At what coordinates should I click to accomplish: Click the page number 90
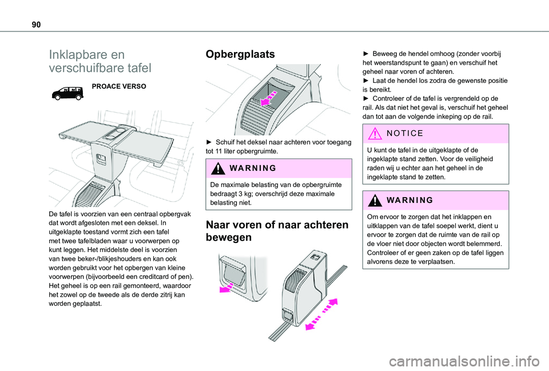pyautogui.click(x=36, y=25)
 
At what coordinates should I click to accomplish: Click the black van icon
pyautogui.click(x=67, y=93)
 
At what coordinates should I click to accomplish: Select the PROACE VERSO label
pyautogui.click(x=119, y=86)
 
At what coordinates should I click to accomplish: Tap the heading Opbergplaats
pyautogui.click(x=240, y=54)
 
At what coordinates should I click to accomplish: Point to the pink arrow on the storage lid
pyautogui.click(x=269, y=98)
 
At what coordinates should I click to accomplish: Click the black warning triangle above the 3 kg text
pyautogui.click(x=218, y=168)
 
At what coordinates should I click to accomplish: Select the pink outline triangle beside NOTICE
pyautogui.click(x=375, y=134)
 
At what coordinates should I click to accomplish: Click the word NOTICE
pyautogui.click(x=405, y=133)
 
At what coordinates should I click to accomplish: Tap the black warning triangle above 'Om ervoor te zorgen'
pyautogui.click(x=375, y=200)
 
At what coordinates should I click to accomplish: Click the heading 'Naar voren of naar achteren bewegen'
pyautogui.click(x=277, y=231)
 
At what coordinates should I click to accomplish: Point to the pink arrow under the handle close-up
pyautogui.click(x=226, y=288)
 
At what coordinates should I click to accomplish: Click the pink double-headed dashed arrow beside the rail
pyautogui.click(x=321, y=314)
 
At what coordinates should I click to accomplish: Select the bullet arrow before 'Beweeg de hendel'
pyautogui.click(x=366, y=54)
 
